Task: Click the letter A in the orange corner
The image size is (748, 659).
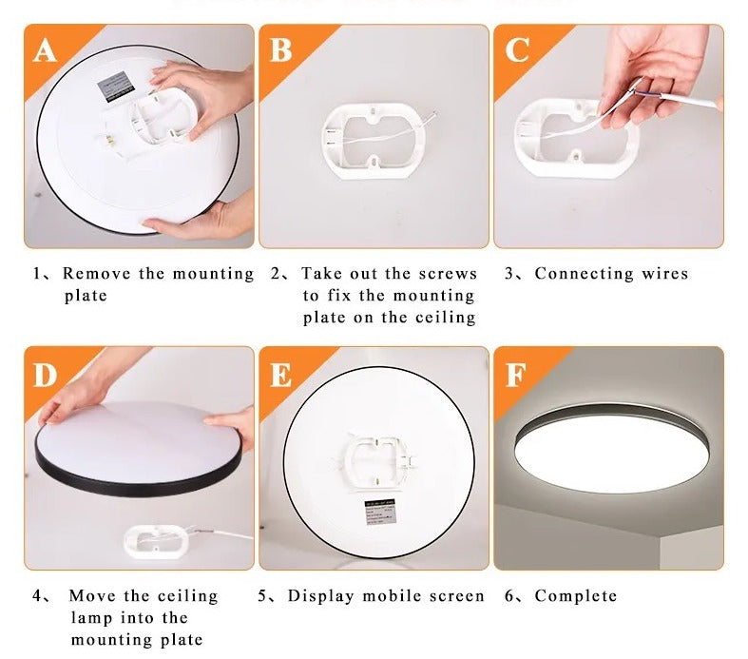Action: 45,49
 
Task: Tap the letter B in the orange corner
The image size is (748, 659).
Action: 279,49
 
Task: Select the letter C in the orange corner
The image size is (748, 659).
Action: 516,49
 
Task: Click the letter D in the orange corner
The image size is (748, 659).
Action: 46,375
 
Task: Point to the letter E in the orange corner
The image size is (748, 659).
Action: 280,375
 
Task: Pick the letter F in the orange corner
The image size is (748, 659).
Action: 515,375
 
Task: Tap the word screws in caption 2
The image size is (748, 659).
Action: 448,274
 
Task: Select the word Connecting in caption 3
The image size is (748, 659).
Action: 582,274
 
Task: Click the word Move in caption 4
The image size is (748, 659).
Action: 91,596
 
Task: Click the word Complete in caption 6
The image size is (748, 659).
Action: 576,596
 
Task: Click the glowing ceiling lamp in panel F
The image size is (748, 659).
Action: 607,447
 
